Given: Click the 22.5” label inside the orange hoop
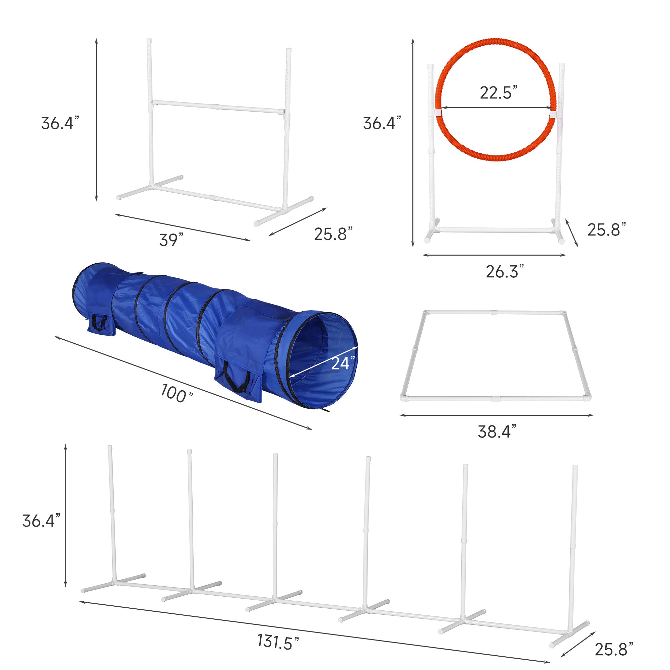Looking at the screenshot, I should click(x=498, y=92).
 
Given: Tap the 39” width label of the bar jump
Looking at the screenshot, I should click(x=171, y=240).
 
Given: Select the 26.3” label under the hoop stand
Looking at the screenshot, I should click(x=505, y=271).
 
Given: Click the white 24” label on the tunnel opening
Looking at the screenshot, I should click(x=343, y=363).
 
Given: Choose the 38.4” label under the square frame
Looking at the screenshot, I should click(x=497, y=431).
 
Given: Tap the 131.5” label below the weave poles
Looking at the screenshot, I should click(x=278, y=641).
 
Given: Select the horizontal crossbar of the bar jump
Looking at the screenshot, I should click(x=218, y=107).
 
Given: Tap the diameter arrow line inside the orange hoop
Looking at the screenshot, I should click(x=496, y=108).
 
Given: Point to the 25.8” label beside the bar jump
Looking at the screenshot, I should click(x=333, y=234).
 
